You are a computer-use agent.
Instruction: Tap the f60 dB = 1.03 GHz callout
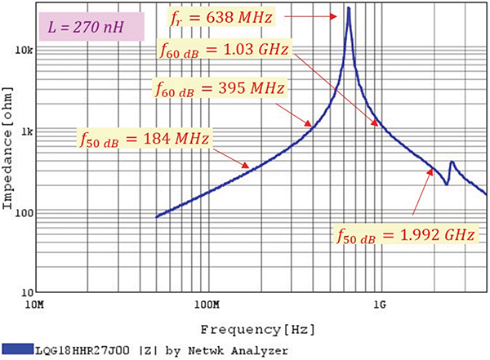tap(225, 51)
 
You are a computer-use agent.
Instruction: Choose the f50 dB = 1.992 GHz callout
tap(405, 236)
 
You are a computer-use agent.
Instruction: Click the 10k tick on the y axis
tap(22, 51)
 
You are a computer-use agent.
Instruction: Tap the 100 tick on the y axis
tap(22, 212)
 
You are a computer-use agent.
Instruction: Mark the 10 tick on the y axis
tap(24, 292)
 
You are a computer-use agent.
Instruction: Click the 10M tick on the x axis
tap(35, 304)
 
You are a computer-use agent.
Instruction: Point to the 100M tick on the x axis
tap(206, 304)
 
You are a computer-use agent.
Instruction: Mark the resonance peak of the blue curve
tap(349, 8)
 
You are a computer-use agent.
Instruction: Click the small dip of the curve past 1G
tap(446, 184)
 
